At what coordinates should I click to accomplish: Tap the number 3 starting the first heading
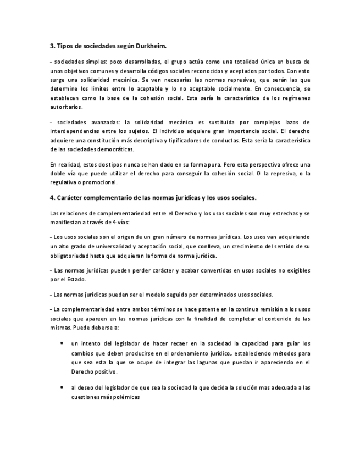(51, 47)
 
